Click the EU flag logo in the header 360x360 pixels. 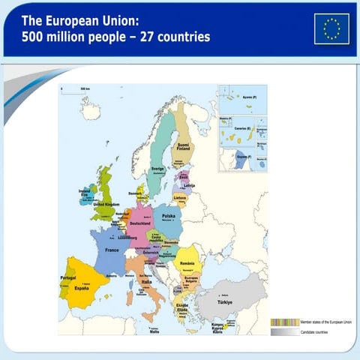[x=331, y=28]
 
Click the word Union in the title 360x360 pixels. [x=117, y=16]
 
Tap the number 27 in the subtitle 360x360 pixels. [x=137, y=36]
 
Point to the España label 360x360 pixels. [x=82, y=288]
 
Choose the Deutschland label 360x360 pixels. [x=141, y=223]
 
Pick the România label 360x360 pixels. [x=187, y=264]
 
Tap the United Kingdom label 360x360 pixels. [x=103, y=203]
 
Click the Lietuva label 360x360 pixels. [x=180, y=198]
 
